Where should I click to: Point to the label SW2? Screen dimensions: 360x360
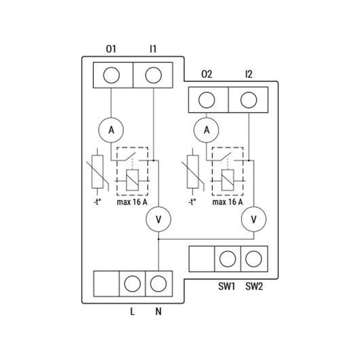(254, 286)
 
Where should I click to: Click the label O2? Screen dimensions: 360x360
(207, 74)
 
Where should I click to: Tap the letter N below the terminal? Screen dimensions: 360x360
(158, 311)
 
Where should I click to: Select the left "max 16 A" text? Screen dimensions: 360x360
(132, 202)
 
